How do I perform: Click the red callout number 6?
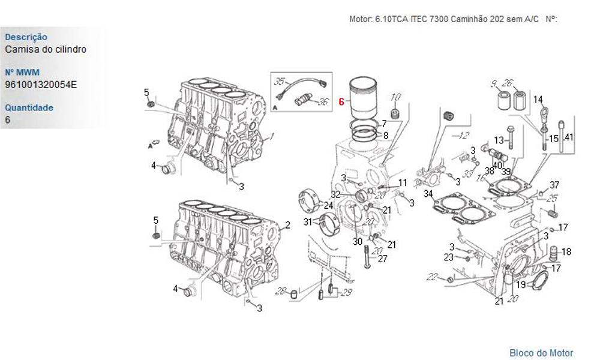341,101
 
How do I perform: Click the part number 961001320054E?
41,85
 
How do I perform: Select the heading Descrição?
26,37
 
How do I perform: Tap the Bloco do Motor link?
541,353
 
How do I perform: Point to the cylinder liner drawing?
363,99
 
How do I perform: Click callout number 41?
569,137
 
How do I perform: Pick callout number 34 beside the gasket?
428,194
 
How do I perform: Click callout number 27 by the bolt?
383,259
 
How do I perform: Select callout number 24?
329,205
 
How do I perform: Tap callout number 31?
308,221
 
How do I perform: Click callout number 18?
566,251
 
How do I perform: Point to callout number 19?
521,284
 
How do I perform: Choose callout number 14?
538,100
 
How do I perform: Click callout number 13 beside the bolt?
499,140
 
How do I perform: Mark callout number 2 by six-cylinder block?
287,226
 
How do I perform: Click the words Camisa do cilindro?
46,49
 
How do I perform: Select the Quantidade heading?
29,107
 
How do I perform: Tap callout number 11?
403,182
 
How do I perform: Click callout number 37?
554,185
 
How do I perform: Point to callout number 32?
335,194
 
